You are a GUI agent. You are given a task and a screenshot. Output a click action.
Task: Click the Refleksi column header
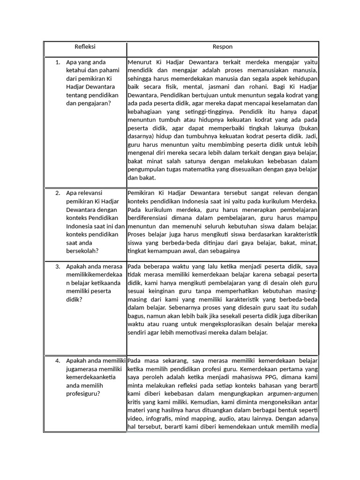(x=85, y=47)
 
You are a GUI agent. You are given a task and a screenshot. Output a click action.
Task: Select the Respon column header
(x=222, y=47)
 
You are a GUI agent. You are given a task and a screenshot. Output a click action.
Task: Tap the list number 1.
(x=57, y=62)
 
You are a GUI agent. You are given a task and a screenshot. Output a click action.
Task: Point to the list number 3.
(x=57, y=267)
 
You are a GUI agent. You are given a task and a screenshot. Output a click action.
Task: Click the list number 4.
(x=57, y=360)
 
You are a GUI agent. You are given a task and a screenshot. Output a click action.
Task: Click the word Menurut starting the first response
(x=139, y=62)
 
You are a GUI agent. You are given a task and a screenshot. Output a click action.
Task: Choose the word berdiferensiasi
(x=150, y=218)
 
